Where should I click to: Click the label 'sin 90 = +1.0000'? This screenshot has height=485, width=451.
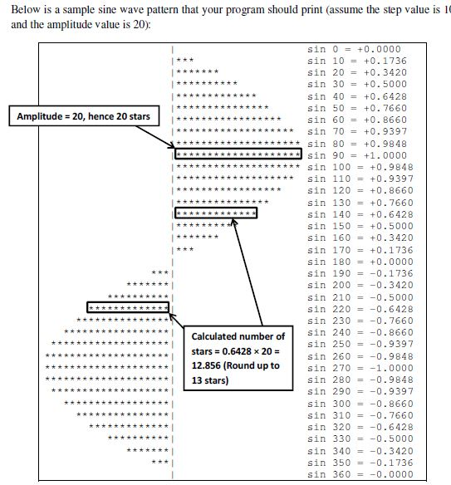point(357,155)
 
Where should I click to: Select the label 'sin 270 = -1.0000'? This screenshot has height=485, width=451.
point(360,368)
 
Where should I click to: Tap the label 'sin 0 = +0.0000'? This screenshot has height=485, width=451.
point(354,49)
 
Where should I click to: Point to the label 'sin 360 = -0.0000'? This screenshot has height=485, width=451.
point(360,474)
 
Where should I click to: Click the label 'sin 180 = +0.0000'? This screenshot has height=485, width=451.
point(360,262)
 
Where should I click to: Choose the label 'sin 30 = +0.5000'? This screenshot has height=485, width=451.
point(357,84)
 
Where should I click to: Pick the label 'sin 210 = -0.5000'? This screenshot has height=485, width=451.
point(360,297)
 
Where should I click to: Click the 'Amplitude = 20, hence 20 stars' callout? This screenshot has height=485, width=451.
point(84,116)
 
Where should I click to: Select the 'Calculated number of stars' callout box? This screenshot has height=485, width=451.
point(238,358)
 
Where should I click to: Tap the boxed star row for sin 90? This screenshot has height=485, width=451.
point(238,154)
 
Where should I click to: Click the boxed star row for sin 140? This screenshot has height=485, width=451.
point(216,213)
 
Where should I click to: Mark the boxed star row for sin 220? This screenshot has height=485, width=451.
point(128,307)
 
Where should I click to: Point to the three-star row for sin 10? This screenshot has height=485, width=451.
point(185,60)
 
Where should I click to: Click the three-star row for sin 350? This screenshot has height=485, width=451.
point(160,462)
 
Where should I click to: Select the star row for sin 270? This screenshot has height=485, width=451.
point(107,367)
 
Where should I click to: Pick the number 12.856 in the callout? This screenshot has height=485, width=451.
point(206,365)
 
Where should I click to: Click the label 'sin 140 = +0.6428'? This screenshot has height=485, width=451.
point(360,214)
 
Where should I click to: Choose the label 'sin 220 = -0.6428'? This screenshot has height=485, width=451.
point(360,309)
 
